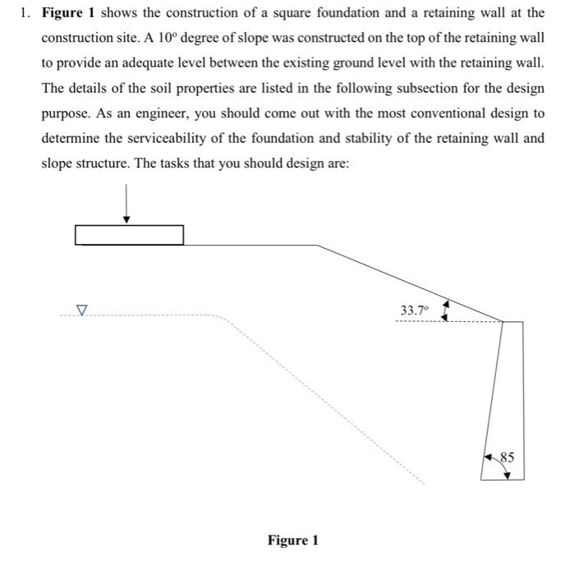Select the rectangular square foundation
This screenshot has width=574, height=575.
click(x=129, y=235)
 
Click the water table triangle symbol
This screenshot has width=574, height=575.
click(x=80, y=310)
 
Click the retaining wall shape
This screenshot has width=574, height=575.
click(x=503, y=394)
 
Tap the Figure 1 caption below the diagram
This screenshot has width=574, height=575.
click(x=292, y=540)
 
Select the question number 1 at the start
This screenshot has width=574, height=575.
click(x=25, y=14)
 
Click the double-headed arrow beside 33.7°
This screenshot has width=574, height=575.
click(x=444, y=310)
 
